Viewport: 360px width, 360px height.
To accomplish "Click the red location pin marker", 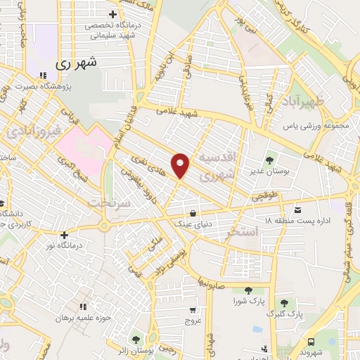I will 181,165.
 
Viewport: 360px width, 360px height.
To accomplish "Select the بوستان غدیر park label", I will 264,171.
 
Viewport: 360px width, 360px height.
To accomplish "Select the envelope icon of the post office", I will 297,210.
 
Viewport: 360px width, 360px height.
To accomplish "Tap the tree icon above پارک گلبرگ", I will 285,303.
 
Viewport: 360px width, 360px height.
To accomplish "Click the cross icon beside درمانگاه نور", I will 65,236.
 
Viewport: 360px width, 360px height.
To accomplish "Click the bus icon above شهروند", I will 312,340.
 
